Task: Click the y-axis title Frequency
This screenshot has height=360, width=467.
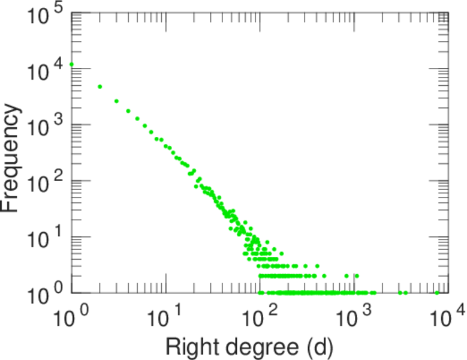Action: pyautogui.click(x=12, y=158)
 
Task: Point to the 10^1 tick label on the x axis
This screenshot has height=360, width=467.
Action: pyautogui.click(x=165, y=317)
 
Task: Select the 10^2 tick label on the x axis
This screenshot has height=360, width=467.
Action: pyautogui.click(x=260, y=317)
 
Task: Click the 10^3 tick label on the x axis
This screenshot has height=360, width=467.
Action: pyautogui.click(x=354, y=317)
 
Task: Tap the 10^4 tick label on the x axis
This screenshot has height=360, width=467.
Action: pyautogui.click(x=448, y=317)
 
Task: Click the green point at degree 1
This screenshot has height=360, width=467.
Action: pyautogui.click(x=71, y=64)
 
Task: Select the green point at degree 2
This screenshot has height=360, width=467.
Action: pyautogui.click(x=100, y=86)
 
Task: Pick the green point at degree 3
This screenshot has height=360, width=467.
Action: pyautogui.click(x=116, y=101)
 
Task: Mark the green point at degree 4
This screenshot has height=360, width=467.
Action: pyautogui.click(x=128, y=111)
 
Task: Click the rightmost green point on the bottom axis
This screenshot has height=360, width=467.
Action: pyautogui.click(x=437, y=293)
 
